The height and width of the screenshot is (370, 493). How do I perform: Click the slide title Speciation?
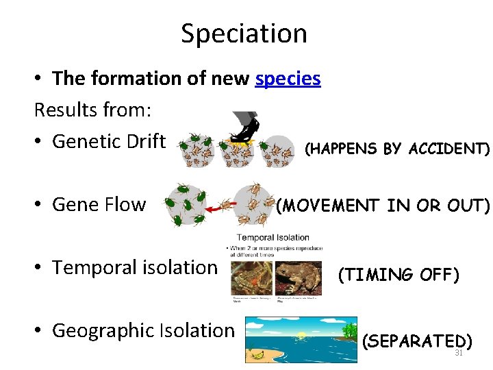tap(244, 33)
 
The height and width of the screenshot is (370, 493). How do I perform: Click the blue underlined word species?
tap(288, 79)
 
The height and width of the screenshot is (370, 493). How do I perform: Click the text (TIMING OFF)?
tap(399, 275)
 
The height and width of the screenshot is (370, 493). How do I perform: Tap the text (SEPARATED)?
tap(416, 341)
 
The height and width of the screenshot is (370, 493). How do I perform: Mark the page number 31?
tap(459, 353)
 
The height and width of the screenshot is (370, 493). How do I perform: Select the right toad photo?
tap(298, 278)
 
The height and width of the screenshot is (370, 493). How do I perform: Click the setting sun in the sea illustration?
tap(301, 334)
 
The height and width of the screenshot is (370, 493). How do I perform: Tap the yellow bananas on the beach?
tap(259, 354)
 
